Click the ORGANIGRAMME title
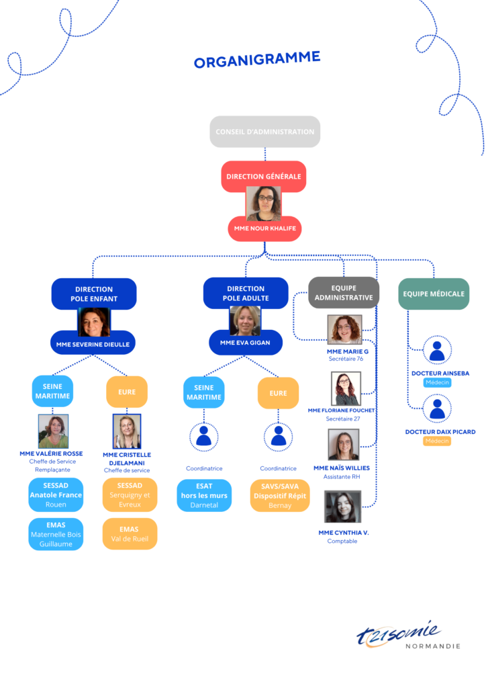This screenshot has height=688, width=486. click(257, 60)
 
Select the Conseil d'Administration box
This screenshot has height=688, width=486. click(264, 132)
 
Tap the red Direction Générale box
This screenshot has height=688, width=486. click(264, 177)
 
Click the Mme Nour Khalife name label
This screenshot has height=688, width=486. click(264, 228)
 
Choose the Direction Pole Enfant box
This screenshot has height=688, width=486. click(94, 294)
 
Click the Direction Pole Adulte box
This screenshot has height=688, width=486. click(246, 293)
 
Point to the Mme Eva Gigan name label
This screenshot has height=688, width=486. click(246, 343)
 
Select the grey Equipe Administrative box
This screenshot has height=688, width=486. click(344, 293)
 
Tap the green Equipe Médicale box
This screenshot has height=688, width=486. click(434, 294)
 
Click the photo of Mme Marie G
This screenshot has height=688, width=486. click(345, 329)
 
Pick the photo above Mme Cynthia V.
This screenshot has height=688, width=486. click(343, 507)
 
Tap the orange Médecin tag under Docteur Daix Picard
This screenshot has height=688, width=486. click(437, 441)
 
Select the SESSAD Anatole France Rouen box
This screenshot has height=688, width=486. click(56, 495)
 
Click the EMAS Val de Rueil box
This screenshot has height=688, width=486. click(130, 534)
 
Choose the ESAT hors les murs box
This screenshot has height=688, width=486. click(204, 495)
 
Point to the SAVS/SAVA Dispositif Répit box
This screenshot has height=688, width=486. click(280, 496)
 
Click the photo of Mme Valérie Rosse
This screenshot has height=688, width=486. click(54, 431)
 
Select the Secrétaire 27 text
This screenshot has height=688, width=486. click(343, 419)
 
